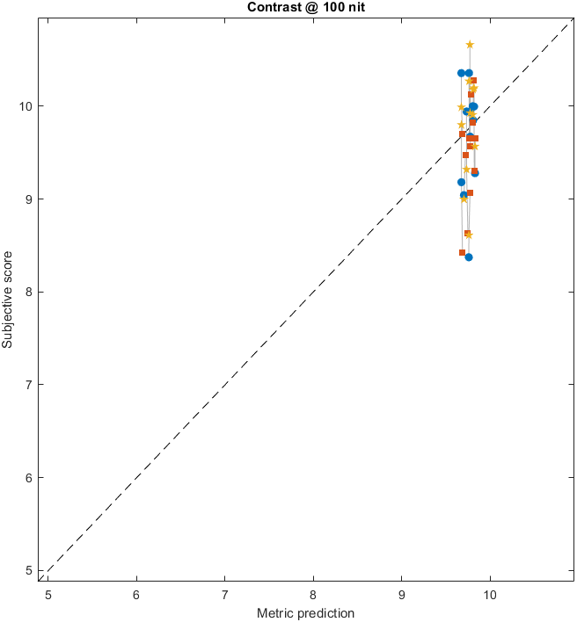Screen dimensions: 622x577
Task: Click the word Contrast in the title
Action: (x=270, y=8)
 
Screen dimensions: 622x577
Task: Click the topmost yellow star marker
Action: (x=470, y=45)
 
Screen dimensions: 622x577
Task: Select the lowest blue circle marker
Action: (x=469, y=257)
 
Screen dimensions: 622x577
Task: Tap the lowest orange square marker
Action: (x=462, y=252)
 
